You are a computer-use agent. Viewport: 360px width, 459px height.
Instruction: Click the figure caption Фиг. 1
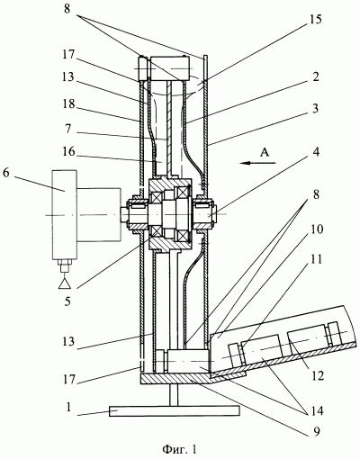(x=180, y=449)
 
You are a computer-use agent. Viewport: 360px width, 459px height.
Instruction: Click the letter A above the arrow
(x=264, y=153)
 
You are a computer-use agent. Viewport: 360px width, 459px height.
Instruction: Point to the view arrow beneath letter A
(x=257, y=163)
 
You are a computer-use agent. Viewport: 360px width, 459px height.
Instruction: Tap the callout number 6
(x=6, y=174)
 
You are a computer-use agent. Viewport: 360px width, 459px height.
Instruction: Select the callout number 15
(x=316, y=19)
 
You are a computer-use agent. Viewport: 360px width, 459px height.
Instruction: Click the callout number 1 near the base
(x=69, y=407)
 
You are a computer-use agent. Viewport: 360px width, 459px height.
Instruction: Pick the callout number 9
(x=317, y=431)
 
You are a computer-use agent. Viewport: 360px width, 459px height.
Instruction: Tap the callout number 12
(x=318, y=375)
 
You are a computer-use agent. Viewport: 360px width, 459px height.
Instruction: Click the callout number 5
(x=67, y=301)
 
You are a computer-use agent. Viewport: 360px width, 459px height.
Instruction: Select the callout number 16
(x=68, y=152)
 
